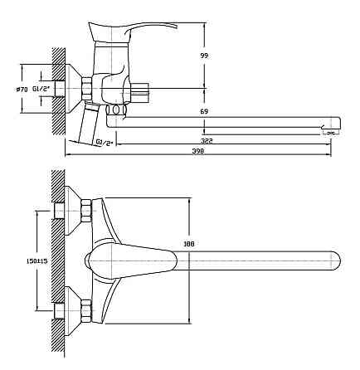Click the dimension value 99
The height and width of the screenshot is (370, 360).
[x=204, y=56]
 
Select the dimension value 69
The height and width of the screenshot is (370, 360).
[x=204, y=112]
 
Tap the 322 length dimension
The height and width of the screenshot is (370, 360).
[x=207, y=141]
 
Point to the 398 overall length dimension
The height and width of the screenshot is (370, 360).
[x=198, y=151]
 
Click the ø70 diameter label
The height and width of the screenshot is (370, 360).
[x=22, y=90]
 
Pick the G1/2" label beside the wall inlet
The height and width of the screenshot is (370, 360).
[x=41, y=89]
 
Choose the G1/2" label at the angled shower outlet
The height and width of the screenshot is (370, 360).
[x=105, y=143]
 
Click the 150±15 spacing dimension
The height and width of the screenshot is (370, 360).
[x=37, y=260]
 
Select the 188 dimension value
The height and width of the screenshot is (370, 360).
[x=189, y=244]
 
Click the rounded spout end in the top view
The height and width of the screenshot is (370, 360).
[x=336, y=260]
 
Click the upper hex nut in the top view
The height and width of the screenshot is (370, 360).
[x=86, y=210]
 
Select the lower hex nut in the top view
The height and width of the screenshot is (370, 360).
[x=86, y=311]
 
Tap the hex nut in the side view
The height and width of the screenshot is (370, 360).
[x=86, y=89]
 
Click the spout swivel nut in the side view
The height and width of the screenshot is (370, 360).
[x=116, y=110]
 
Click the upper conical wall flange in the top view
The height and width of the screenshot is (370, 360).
[x=73, y=211]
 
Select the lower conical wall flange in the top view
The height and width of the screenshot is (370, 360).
[x=73, y=311]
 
